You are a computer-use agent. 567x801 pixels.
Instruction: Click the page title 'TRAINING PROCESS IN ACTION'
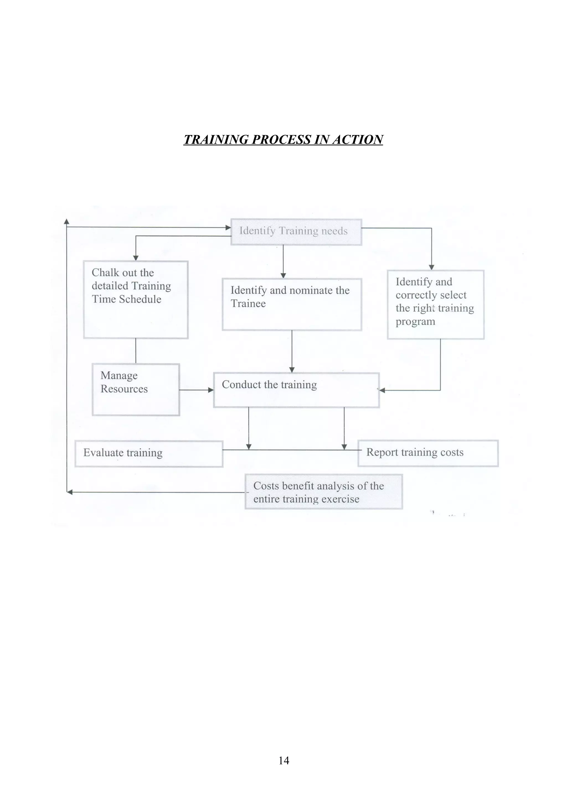pos(283,140)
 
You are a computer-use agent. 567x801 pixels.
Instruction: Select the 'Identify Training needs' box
pos(296,232)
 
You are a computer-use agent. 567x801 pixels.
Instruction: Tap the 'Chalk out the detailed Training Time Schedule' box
pos(136,299)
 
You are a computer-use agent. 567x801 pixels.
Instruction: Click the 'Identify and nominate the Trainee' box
pos(292,304)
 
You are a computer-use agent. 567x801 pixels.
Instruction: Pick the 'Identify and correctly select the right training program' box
pos(435,304)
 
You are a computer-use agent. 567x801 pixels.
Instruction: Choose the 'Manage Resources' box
pos(136,389)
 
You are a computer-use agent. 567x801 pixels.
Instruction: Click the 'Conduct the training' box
pos(296,390)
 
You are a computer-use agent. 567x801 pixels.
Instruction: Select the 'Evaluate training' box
pos(149,454)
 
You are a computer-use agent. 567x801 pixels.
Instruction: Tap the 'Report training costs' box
pos(428,453)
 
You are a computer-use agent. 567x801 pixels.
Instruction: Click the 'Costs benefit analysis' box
pos(323,492)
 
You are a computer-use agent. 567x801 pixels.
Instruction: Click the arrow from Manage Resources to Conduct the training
pos(196,390)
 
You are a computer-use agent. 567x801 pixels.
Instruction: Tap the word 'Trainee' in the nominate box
pos(248,304)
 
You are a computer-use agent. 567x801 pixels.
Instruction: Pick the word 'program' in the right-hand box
pos(415,322)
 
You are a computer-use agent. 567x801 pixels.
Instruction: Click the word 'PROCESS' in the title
pos(281,140)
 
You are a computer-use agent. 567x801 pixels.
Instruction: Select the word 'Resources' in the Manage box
pos(124,389)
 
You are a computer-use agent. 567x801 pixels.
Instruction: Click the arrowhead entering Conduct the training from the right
pos(382,390)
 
